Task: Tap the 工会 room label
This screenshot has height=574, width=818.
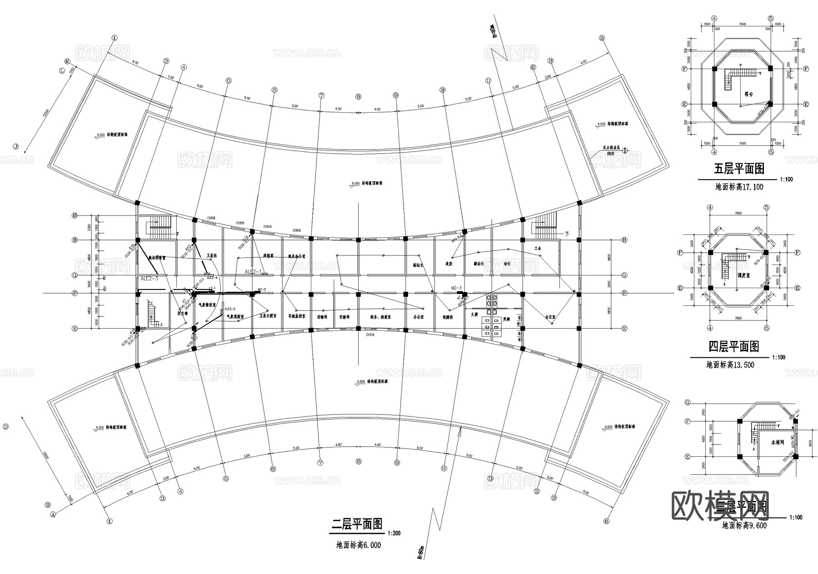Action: pos(538,249)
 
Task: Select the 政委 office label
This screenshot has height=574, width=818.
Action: pos(449,263)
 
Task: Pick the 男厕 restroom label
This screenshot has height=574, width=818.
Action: pos(506,319)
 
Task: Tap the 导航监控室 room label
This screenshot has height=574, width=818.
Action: pos(297,315)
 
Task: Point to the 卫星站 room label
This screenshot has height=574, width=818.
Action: pos(212,255)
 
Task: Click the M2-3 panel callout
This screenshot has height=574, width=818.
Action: pos(456,288)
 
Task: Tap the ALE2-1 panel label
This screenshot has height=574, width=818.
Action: pos(254,271)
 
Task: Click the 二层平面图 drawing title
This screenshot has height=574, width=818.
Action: pos(357,524)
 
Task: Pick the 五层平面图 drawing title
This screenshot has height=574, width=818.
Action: pos(739,169)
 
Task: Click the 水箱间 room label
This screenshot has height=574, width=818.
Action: pos(778,442)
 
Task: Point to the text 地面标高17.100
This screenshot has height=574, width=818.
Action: pos(739,187)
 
